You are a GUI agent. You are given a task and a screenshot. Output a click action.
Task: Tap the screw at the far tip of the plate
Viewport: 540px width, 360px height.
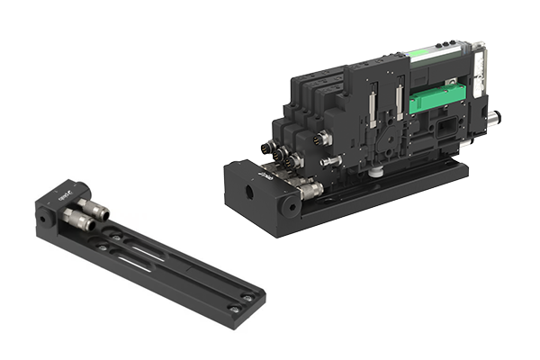click(x=235, y=309)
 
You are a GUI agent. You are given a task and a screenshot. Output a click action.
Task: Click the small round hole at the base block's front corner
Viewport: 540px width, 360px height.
click(x=290, y=206)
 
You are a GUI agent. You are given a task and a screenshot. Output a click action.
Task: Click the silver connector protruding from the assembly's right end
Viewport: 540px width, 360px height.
click(x=493, y=116)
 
